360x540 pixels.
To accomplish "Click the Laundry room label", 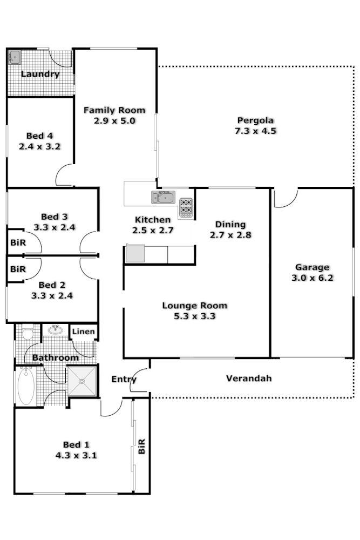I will tap(40, 74).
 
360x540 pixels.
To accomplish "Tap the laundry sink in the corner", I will tap(15, 56).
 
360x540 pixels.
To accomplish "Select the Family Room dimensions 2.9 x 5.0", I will tap(114, 121).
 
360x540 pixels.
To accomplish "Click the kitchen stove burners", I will tap(186, 207).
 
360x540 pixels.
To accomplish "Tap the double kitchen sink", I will tap(162, 198).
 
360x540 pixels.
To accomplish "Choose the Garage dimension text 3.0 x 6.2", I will tap(312, 278).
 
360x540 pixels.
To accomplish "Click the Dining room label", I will tap(230, 224).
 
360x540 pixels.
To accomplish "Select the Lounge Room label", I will tap(195, 306).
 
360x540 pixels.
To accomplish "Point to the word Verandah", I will tap(248, 378).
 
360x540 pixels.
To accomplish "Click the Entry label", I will tap(124, 379).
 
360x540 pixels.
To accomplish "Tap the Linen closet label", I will tap(84, 332).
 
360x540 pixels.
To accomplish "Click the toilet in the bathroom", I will tap(27, 331).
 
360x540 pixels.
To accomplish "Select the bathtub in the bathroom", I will tap(25, 386).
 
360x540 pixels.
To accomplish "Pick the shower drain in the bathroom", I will tap(81, 381).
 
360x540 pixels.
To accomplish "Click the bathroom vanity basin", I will tap(55, 329).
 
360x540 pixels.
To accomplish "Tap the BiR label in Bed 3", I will tap(18, 242).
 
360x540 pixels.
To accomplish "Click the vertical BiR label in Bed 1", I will tap(141, 447).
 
